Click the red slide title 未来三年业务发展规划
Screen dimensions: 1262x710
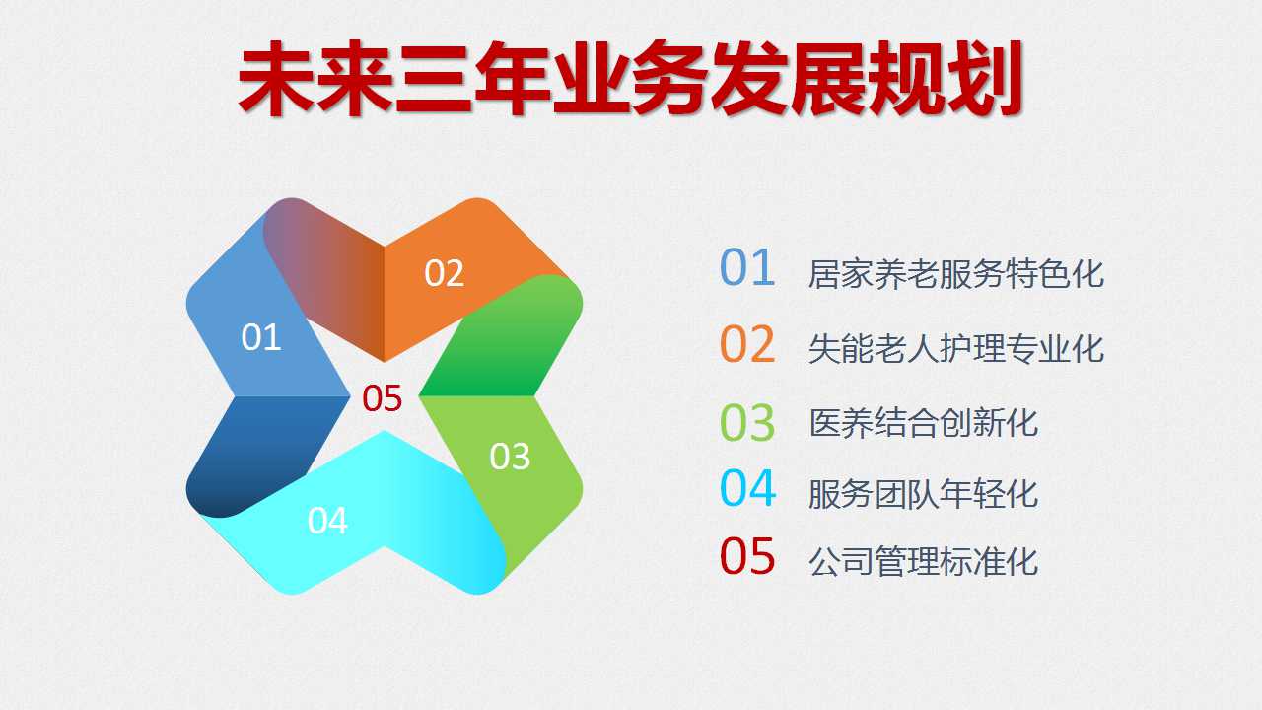[x=630, y=78]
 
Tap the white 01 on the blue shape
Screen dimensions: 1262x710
[x=261, y=337]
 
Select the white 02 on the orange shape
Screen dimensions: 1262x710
[x=444, y=273]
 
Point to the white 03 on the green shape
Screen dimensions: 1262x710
[x=510, y=457]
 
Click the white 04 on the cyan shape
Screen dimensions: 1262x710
[x=327, y=520]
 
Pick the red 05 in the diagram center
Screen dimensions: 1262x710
[x=382, y=398]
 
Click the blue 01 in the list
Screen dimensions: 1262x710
[x=747, y=268]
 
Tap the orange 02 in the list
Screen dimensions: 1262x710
[x=747, y=344]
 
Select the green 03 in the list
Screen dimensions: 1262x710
[x=747, y=423]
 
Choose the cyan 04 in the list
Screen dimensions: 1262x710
[x=747, y=488]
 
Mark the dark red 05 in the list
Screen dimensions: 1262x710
[x=747, y=556]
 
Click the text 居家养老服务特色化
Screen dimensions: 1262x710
[x=956, y=274]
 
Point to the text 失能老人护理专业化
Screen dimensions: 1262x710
[x=956, y=349]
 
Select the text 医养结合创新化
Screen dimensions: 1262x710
[x=924, y=423]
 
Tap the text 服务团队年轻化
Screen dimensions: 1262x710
[x=924, y=494]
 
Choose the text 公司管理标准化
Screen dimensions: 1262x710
[x=924, y=561]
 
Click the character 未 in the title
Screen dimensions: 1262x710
[x=276, y=78]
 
